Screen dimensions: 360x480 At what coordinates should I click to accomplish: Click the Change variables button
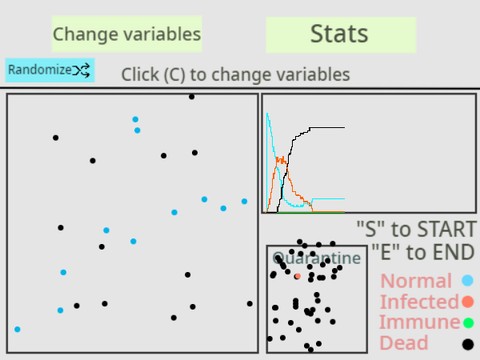point(126,34)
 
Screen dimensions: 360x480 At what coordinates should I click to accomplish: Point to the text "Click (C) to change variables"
point(235,75)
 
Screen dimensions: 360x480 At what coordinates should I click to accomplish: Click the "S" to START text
point(415,229)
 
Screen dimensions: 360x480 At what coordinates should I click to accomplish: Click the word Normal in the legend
point(416,281)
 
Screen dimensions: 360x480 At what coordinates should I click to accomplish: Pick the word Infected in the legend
point(419,301)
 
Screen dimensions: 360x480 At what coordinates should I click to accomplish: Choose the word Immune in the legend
point(419,322)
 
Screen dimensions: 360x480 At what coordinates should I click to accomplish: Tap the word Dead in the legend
point(404,343)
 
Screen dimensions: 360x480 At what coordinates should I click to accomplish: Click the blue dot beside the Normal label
point(467,281)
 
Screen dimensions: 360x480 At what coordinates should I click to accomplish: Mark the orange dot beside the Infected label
point(467,301)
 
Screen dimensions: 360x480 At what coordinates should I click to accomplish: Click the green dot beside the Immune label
point(467,322)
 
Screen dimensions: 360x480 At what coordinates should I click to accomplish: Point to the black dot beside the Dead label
point(467,344)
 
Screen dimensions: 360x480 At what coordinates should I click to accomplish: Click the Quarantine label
point(316,258)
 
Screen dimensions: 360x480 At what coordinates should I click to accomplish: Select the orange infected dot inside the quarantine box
point(297,276)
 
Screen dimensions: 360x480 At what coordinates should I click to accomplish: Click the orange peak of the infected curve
point(281,158)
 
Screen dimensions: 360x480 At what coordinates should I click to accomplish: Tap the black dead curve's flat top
point(328,128)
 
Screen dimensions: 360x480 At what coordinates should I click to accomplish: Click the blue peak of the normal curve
point(267,115)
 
